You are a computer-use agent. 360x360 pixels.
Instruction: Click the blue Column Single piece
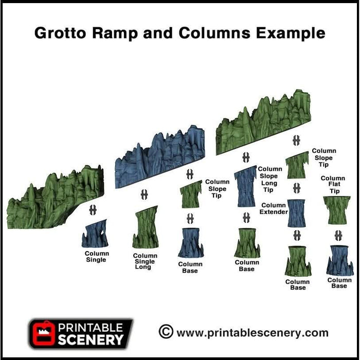(x=95, y=234)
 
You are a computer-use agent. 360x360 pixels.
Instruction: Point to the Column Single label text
(x=96, y=257)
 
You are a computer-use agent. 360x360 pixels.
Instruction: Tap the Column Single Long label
(x=145, y=261)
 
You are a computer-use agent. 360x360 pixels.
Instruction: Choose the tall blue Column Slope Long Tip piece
(x=245, y=186)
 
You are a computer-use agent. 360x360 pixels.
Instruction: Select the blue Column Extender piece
(x=296, y=213)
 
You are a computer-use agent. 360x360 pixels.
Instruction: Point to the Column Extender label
(x=273, y=208)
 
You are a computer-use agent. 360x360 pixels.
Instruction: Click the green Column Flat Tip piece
(x=337, y=210)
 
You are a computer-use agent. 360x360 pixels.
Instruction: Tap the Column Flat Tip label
(x=333, y=185)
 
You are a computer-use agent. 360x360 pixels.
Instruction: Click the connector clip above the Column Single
(x=94, y=210)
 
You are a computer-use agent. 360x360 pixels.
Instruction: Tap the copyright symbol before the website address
(x=166, y=332)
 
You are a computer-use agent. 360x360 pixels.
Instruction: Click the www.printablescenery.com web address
(x=252, y=333)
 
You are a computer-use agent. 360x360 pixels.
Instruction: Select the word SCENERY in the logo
(x=91, y=339)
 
